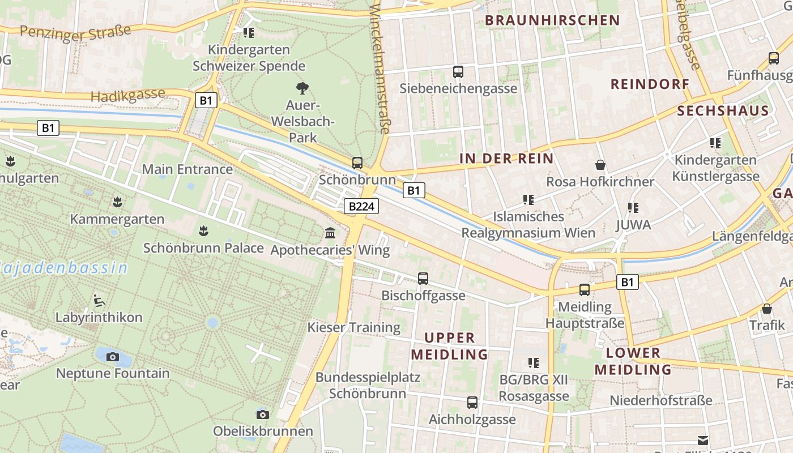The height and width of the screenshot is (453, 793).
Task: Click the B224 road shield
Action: point(361,207)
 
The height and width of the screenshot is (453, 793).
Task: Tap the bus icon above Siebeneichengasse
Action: point(458,72)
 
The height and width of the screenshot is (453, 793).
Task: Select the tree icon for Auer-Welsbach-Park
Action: point(302,88)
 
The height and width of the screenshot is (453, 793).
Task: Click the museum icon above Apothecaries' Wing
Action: point(330,233)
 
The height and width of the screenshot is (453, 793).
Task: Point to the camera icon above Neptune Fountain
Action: point(113,357)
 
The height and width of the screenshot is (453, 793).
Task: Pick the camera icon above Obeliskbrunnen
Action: point(262,414)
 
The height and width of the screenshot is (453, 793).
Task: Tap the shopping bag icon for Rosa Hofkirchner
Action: point(600,165)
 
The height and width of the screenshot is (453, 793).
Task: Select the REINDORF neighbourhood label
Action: point(650,84)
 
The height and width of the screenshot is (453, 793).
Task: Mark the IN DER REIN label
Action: point(506,159)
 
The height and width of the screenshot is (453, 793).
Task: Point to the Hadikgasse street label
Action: point(128,95)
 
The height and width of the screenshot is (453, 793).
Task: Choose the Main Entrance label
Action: point(187,169)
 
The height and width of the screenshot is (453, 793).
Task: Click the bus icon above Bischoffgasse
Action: point(423,279)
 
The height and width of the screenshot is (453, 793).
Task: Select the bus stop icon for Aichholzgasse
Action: point(472,403)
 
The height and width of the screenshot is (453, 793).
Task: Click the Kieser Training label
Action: point(354,327)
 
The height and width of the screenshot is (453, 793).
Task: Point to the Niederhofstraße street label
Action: point(660,400)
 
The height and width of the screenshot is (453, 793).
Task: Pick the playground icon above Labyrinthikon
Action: point(99,300)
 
